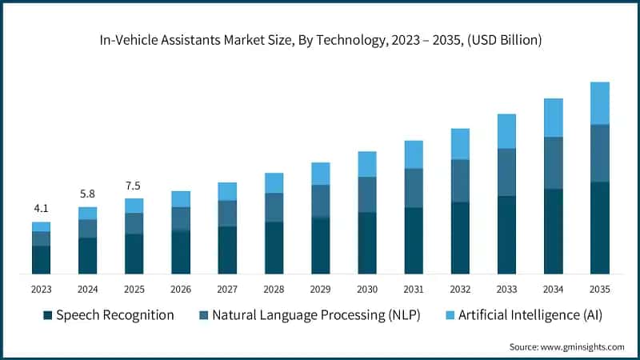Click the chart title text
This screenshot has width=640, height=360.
320,40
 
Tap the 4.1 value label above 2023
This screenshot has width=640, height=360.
42,209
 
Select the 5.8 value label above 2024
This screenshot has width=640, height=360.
88,194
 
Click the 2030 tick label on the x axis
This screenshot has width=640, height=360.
367,289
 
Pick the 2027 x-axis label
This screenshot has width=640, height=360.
227,289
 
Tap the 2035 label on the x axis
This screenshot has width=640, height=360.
599,289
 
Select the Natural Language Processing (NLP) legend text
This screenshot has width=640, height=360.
316,315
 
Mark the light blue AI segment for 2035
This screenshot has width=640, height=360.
599,103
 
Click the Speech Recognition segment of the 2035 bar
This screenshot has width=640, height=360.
599,228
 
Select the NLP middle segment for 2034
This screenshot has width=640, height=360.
553,162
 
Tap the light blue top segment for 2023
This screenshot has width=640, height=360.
42,226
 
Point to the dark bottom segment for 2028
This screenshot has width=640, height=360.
274,248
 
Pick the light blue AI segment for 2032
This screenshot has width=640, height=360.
460,143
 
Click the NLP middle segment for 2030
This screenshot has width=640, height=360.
367,194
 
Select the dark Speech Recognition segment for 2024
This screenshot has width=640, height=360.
88,256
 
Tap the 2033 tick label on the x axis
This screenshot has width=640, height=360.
506,289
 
